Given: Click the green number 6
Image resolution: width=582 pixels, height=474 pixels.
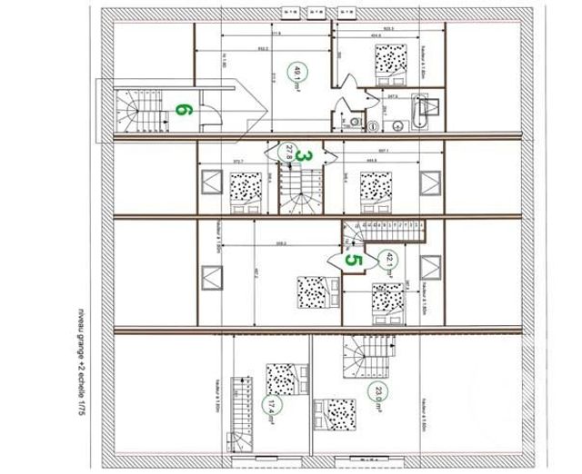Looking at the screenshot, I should pos(183,110).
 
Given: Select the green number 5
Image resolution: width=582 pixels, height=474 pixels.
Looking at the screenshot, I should pos(354,260).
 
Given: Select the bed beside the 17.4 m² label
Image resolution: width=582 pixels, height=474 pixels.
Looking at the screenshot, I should pos(276,375).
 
